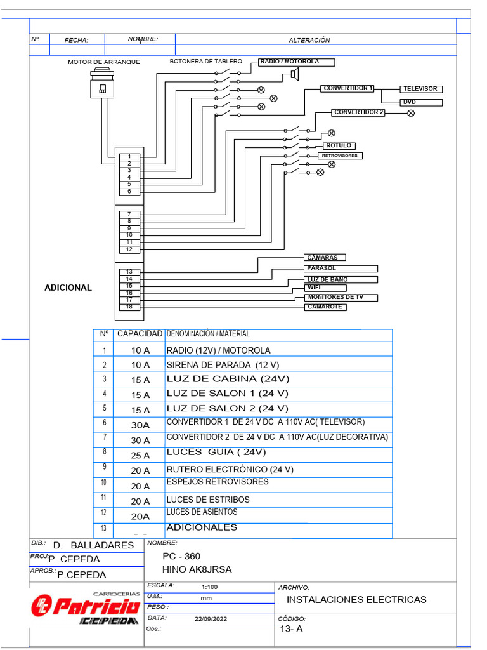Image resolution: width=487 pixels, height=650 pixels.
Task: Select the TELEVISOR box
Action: click(x=420, y=89)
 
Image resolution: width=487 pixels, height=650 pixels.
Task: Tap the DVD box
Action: click(x=420, y=102)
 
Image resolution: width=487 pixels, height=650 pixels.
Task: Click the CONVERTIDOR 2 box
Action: click(x=359, y=112)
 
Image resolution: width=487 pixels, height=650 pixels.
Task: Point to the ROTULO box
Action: click(x=339, y=146)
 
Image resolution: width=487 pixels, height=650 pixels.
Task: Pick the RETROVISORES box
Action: click(x=339, y=156)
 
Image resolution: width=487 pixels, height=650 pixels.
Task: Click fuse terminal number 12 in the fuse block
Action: click(x=129, y=249)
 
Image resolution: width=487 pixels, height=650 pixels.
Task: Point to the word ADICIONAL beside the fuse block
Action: click(x=68, y=288)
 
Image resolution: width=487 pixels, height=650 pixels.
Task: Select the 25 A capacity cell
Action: click(x=140, y=455)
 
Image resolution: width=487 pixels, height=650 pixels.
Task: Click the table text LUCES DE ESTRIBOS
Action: click(x=208, y=500)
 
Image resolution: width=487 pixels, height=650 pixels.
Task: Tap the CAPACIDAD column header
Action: click(x=140, y=334)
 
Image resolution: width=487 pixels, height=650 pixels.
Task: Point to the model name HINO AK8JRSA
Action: click(x=197, y=569)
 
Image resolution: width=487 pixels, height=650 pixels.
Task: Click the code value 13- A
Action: click(x=292, y=629)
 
